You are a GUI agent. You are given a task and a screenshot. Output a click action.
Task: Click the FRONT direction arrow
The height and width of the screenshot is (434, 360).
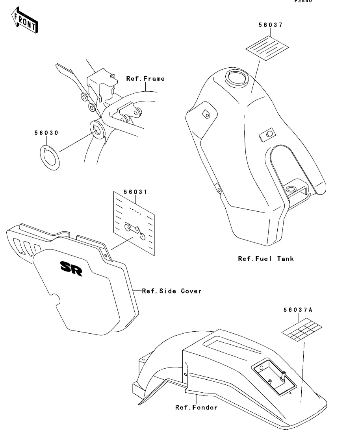coord(25,22)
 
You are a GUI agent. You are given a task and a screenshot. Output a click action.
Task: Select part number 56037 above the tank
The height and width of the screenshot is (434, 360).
coord(270,25)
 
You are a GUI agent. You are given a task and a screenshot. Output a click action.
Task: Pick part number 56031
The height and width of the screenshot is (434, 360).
coord(135,192)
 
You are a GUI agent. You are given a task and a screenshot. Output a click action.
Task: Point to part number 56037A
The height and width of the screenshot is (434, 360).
coord(297,310)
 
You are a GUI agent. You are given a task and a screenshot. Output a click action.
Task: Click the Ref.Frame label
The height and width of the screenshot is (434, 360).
coord(145,79)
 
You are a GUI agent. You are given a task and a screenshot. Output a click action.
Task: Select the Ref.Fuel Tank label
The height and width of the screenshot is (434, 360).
coord(266,259)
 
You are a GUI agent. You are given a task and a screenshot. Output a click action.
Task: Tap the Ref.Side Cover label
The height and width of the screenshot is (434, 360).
coord(172,291)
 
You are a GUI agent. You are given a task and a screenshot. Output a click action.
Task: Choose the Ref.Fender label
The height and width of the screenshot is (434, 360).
coord(196,407)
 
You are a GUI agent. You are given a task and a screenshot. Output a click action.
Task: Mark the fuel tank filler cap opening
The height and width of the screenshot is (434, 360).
coord(235,77)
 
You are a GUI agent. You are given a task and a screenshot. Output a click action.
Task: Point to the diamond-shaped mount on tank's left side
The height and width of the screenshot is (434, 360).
coord(204,114)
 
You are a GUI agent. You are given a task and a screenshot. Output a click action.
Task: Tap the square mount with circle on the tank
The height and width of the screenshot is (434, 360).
coord(267,135)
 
